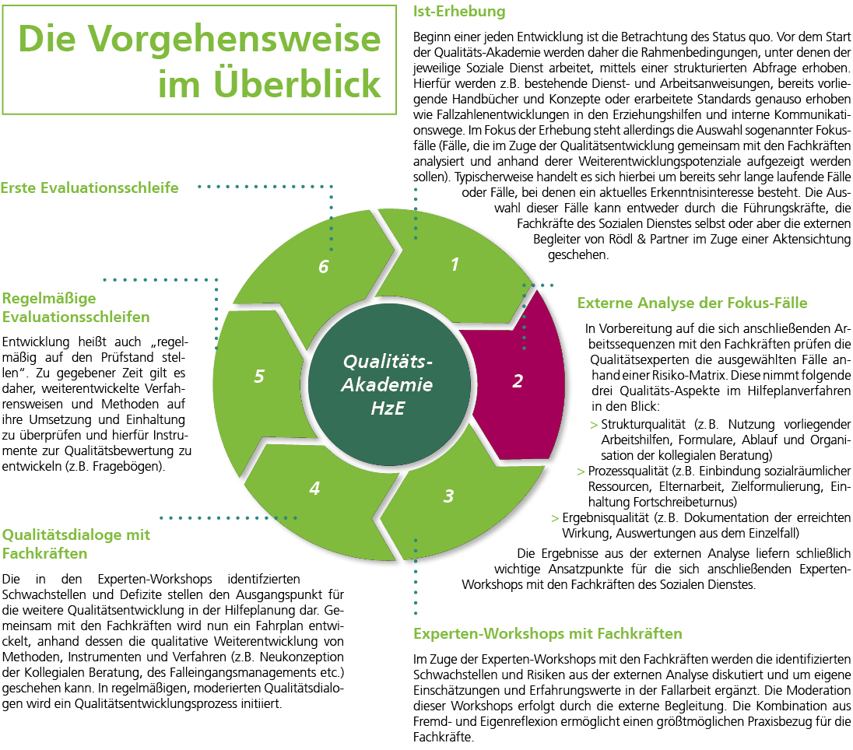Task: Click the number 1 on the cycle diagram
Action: [x=455, y=265]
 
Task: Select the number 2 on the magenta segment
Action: [x=518, y=381]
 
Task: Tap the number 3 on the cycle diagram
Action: [x=448, y=496]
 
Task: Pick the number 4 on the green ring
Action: [x=314, y=489]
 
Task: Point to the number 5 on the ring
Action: [x=259, y=377]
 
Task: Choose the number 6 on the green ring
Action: [x=324, y=267]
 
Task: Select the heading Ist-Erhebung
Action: [x=459, y=12]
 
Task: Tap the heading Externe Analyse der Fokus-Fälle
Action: [x=692, y=303]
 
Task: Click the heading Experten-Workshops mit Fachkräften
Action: [x=548, y=633]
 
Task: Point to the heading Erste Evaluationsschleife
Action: [x=90, y=187]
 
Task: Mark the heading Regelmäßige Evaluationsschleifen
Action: [x=76, y=307]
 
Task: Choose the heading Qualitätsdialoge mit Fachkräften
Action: [x=76, y=544]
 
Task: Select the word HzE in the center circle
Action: [x=388, y=407]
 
